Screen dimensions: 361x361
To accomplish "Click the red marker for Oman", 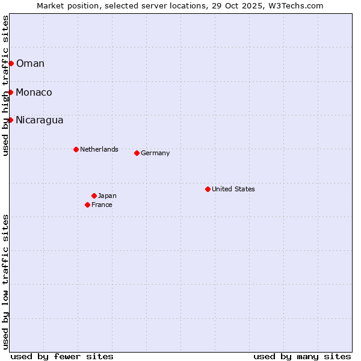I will tap(11, 63).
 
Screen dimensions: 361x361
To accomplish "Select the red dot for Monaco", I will tap(10, 92).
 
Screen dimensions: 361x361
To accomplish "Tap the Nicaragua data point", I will tap(10, 120).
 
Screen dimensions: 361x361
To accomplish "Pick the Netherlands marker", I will tap(76, 149).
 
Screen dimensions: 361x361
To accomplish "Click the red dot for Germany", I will tap(137, 153).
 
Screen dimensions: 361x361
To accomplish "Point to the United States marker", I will tap(208, 189).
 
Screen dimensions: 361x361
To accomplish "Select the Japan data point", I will tap(94, 196).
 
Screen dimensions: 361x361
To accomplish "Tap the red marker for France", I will tap(87, 205).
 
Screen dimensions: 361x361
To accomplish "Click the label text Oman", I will tap(30, 64).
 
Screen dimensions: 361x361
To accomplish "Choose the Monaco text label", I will tap(34, 93).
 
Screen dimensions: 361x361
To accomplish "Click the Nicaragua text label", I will tap(39, 120).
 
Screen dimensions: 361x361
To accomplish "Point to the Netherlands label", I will tap(99, 149).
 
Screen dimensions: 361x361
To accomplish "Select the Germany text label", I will tap(155, 153).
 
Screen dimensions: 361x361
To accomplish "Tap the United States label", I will tap(233, 189).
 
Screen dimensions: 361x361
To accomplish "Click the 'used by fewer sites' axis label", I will tap(62, 356).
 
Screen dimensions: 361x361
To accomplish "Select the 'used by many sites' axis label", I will tap(302, 356).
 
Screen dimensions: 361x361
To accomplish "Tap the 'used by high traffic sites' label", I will tap(5, 85).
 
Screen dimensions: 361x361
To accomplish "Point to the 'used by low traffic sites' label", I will tap(5, 282).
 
